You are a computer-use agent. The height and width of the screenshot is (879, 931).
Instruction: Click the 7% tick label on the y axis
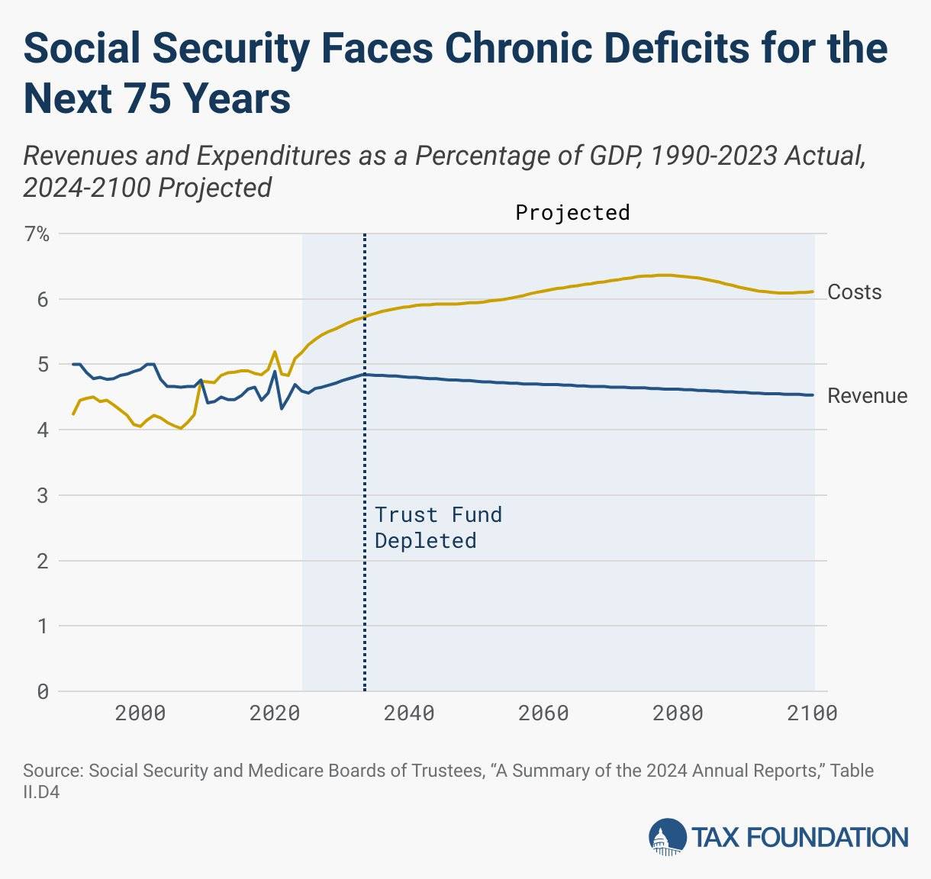37,234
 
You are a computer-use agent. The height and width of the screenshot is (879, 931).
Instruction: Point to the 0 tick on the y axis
42,691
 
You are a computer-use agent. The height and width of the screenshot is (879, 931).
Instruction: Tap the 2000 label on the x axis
140,713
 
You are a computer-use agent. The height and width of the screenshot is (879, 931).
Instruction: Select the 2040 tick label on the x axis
409,713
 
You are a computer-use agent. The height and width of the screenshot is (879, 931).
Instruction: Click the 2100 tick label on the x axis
812,713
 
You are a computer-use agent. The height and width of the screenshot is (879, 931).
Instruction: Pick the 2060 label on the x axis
543,713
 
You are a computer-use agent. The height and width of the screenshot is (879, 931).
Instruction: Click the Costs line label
854,292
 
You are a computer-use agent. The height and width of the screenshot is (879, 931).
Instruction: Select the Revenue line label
867,396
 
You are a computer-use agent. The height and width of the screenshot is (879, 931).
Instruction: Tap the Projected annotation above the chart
572,212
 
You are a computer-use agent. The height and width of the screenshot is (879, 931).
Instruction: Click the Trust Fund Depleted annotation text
437,527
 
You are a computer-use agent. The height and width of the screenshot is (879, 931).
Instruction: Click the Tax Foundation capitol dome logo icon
667,836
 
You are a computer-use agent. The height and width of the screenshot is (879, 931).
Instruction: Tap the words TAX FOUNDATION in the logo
800,837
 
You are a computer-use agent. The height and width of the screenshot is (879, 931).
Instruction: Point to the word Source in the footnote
53,771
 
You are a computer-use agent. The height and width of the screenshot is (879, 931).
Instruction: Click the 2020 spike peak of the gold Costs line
274,352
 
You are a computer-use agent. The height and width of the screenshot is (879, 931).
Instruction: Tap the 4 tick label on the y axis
42,430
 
